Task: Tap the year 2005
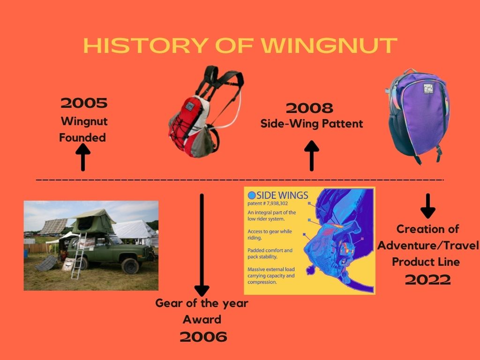pyautogui.click(x=84, y=103)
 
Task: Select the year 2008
pyautogui.click(x=309, y=108)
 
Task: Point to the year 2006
pyautogui.click(x=203, y=337)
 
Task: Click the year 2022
pyautogui.click(x=427, y=279)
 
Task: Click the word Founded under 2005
pyautogui.click(x=82, y=137)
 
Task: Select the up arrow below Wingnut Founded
pyautogui.click(x=82, y=157)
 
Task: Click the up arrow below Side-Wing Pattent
pyautogui.click(x=312, y=156)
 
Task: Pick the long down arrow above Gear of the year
pyautogui.click(x=202, y=245)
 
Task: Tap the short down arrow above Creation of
pyautogui.click(x=428, y=206)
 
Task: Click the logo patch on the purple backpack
pyautogui.click(x=428, y=89)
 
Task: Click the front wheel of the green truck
pyautogui.click(x=130, y=266)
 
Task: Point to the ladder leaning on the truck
pyautogui.click(x=79, y=256)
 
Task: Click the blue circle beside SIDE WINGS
pyautogui.click(x=252, y=195)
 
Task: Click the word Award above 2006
pyautogui.click(x=202, y=319)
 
